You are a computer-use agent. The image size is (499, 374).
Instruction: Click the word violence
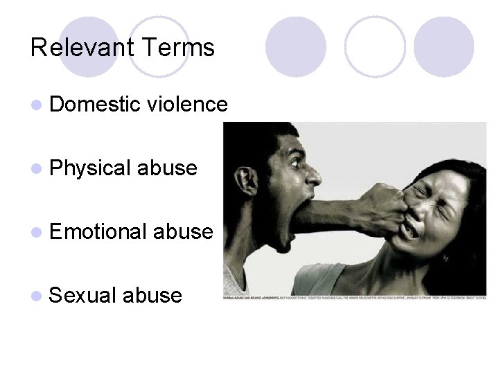[187, 105]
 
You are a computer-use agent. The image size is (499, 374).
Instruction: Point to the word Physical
[91, 168]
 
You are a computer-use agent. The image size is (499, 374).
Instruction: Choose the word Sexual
[82, 296]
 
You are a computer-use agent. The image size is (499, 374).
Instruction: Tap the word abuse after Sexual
[152, 296]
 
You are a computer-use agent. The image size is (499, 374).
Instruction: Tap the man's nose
[313, 177]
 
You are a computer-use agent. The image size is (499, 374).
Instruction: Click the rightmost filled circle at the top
[444, 46]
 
